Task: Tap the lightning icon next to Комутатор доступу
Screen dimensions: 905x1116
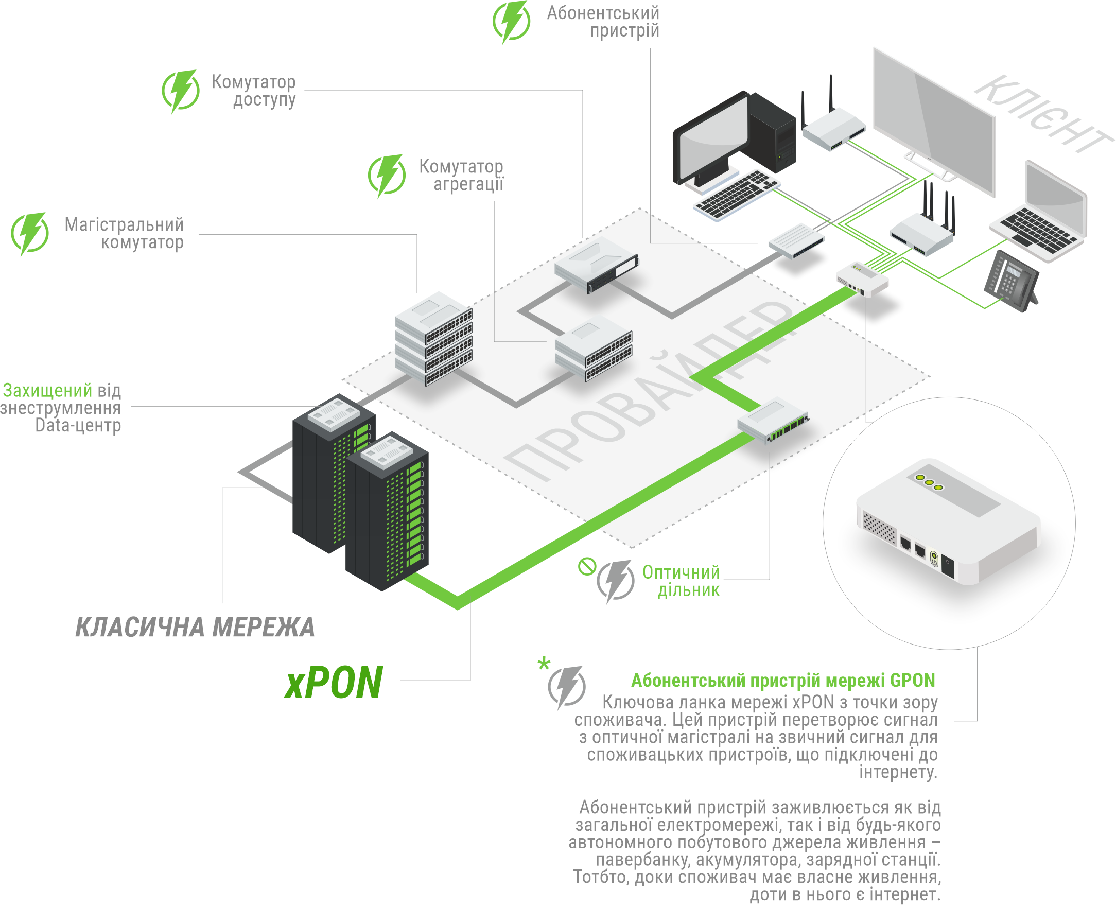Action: pos(180,91)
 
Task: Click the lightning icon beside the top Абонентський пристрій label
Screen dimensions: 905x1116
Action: pos(511,22)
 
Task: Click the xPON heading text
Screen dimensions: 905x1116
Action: pos(334,683)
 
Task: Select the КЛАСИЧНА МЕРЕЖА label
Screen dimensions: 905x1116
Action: pos(195,627)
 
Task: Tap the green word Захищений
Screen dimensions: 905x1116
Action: pos(47,390)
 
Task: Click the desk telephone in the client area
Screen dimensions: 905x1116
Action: pos(1009,281)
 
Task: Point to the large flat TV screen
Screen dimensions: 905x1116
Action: pos(933,120)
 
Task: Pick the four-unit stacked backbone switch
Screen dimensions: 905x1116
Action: pos(433,339)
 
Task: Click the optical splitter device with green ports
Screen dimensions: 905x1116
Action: pos(774,421)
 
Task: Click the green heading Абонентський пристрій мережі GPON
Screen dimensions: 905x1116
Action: pos(783,681)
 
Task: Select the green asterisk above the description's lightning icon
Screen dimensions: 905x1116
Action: pos(544,664)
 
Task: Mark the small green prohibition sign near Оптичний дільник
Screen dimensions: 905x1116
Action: pos(587,566)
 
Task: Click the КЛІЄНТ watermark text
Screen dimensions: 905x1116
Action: pos(1042,115)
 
